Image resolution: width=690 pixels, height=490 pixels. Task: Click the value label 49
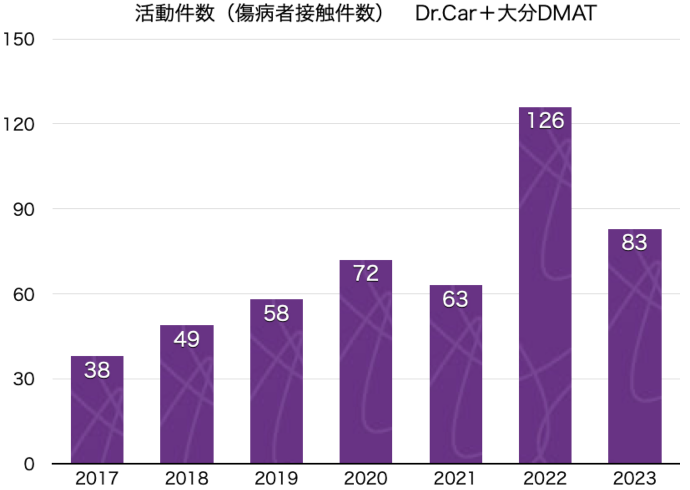click(x=186, y=339)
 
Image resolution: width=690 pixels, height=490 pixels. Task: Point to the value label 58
click(x=276, y=313)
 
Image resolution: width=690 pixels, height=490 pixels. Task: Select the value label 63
click(x=455, y=299)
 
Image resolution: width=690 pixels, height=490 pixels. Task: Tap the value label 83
click(x=634, y=242)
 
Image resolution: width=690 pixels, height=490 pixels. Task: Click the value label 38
click(x=97, y=370)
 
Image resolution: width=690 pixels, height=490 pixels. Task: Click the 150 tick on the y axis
click(x=19, y=40)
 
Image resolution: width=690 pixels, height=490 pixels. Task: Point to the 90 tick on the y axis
click(x=24, y=210)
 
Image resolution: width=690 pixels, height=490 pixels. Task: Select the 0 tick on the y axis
click(x=29, y=464)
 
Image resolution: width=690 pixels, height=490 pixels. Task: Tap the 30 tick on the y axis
click(x=24, y=379)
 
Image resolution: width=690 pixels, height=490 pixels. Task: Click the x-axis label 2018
click(x=186, y=478)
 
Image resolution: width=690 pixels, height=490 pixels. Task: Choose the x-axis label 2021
click(x=455, y=478)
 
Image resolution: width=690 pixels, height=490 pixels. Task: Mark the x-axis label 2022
click(x=545, y=478)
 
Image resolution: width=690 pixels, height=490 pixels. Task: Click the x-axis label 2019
click(x=276, y=478)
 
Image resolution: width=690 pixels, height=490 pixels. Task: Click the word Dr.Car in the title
click(x=446, y=13)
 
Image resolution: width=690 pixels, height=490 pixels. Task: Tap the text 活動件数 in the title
click(x=174, y=13)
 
